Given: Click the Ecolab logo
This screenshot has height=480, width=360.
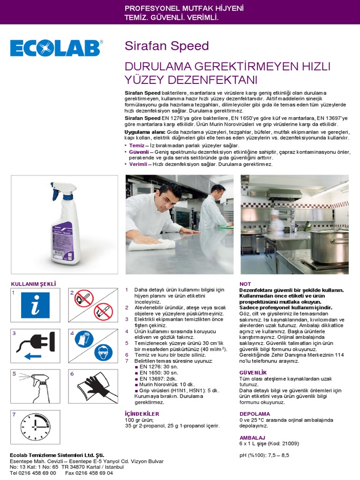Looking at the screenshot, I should click(57, 49).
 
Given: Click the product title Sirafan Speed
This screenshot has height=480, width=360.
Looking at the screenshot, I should click(166, 46).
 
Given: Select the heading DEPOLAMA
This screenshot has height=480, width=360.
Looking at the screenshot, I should click(255, 414).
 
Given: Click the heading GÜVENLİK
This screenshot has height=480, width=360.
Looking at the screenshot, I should click(253, 372).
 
